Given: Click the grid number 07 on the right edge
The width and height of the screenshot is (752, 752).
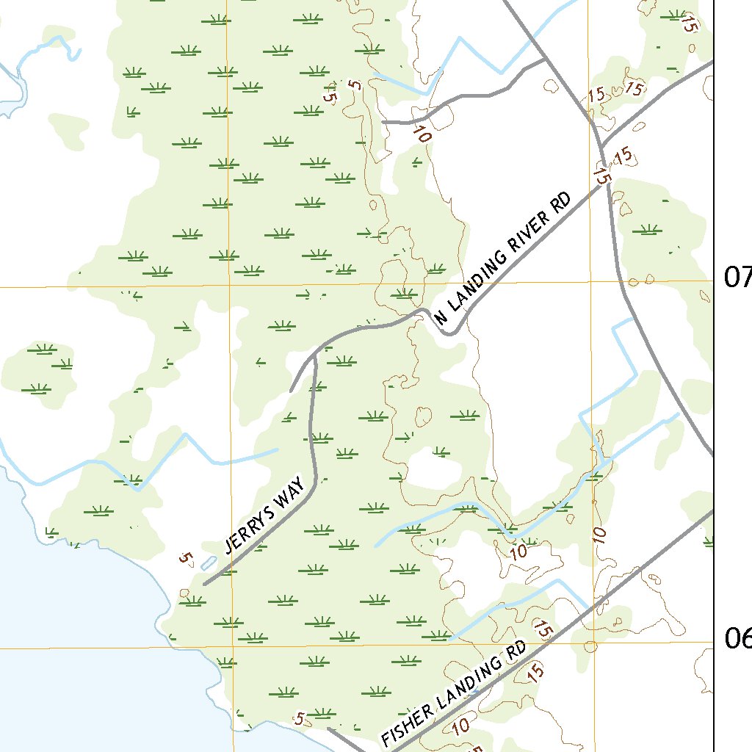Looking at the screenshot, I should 737,277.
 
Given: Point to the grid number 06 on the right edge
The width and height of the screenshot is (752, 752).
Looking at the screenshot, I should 737,639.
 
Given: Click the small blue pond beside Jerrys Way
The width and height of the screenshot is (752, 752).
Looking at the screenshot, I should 207,564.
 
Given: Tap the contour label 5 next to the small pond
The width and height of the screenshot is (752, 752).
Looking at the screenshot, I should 185,559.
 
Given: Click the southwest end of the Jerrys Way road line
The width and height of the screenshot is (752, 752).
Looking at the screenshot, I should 204,585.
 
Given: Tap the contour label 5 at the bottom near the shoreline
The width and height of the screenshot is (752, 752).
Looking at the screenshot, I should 298,719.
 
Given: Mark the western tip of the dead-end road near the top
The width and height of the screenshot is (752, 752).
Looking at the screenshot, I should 383,122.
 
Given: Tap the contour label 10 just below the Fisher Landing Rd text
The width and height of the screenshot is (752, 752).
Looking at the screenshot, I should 460,727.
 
